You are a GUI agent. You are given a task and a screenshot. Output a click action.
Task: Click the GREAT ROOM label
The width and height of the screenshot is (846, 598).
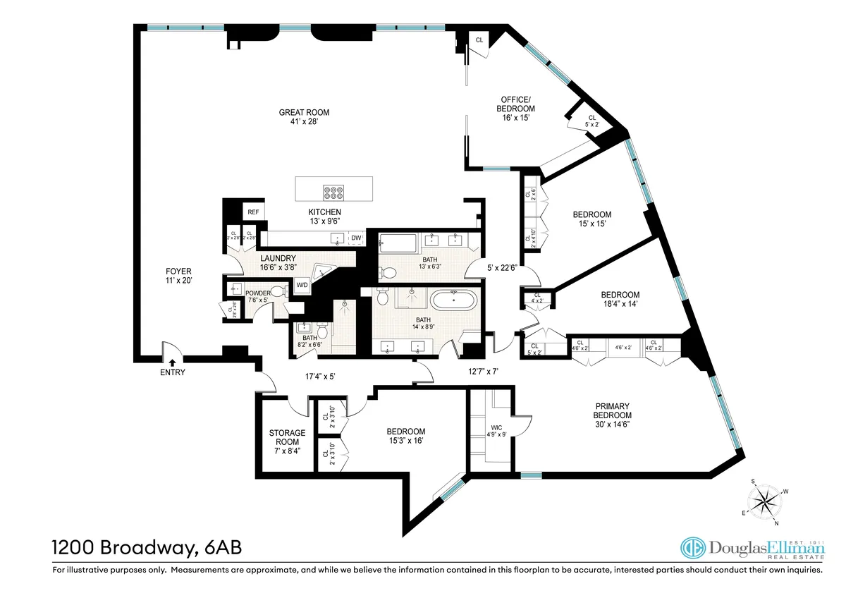click(x=304, y=112)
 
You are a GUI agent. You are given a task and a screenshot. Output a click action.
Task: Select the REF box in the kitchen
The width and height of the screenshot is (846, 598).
click(x=252, y=212)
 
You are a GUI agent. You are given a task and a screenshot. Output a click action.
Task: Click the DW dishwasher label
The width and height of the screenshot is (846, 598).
click(x=356, y=238)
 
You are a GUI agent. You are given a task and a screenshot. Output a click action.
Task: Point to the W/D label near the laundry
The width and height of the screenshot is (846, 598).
click(x=302, y=285)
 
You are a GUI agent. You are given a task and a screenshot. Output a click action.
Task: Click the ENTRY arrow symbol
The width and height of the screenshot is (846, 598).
click(x=172, y=363)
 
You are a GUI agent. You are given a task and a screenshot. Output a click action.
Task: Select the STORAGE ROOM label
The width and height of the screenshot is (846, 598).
click(x=287, y=437)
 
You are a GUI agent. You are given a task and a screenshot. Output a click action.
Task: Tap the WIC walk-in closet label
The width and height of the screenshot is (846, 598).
click(x=496, y=427)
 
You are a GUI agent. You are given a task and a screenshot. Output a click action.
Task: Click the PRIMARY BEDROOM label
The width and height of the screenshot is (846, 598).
click(x=613, y=410)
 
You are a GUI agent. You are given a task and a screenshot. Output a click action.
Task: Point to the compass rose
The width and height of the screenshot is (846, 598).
click(x=764, y=502)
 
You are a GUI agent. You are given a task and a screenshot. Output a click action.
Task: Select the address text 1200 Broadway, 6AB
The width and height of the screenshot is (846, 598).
click(x=150, y=547)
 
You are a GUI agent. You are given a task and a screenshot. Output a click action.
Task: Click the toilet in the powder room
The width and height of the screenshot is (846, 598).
click(x=278, y=291)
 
